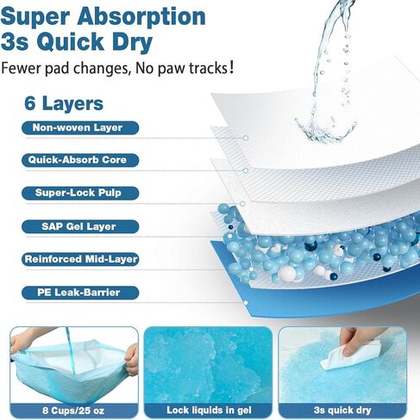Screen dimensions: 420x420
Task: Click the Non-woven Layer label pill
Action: (x=80, y=127)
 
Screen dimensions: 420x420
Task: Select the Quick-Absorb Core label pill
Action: (x=80, y=160)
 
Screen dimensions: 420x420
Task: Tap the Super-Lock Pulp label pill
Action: (x=80, y=193)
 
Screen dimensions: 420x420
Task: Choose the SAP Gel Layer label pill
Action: (x=80, y=226)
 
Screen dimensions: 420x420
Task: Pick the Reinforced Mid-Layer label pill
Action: (x=80, y=259)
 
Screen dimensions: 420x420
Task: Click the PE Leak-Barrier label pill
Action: (x=80, y=293)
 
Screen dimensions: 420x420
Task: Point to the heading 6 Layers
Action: (x=64, y=103)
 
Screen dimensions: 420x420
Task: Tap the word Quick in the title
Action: (x=70, y=42)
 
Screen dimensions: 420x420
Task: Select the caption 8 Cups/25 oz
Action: (x=73, y=411)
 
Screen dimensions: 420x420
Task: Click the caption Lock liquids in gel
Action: (x=209, y=411)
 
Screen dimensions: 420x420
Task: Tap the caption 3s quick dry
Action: (x=342, y=411)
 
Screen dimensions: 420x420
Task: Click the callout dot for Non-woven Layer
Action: (x=246, y=138)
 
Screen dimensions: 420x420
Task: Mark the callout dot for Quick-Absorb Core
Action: (x=246, y=170)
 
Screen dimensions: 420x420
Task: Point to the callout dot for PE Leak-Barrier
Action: (x=246, y=303)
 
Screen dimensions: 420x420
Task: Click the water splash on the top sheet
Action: (x=325, y=131)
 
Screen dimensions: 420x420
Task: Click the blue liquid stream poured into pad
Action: (x=71, y=351)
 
